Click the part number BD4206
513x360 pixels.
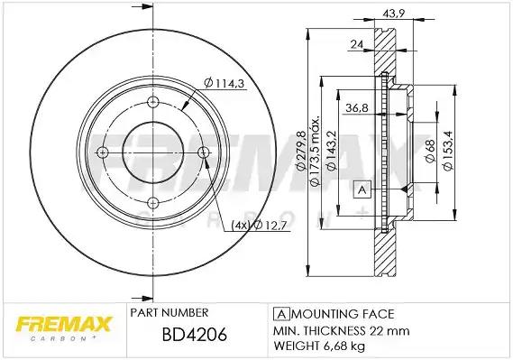pos(195,335)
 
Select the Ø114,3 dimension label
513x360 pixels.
pos(224,83)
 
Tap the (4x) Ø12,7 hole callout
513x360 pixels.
pos(259,226)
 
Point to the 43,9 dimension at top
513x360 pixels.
pos(394,14)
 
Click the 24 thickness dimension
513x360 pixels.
pos(357,43)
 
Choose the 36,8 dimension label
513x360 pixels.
pos(357,107)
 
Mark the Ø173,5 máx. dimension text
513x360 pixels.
pos(315,151)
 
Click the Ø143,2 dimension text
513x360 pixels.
pos(332,151)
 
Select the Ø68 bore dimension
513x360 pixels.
pos(430,151)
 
